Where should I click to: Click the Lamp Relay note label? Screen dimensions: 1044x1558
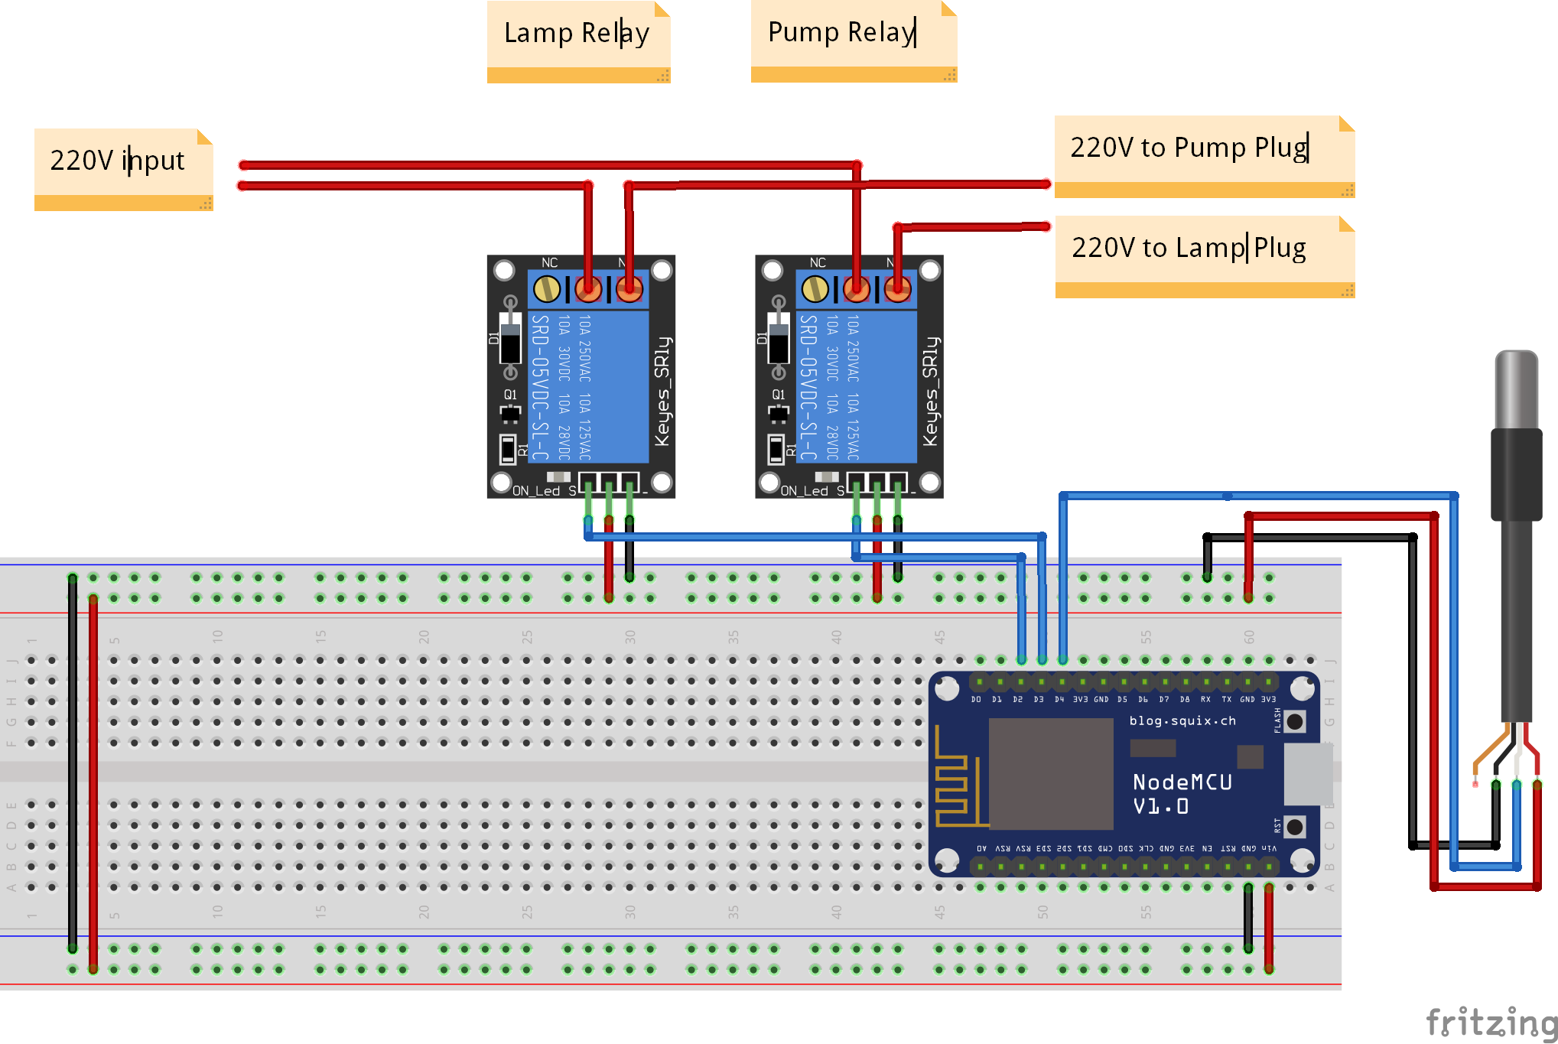577,34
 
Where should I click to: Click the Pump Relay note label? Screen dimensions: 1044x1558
841,33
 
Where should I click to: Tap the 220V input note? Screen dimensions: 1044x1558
118,161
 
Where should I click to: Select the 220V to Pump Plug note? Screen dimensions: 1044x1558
1189,148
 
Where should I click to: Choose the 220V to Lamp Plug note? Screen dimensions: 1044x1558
1189,248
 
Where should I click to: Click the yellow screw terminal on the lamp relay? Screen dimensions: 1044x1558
547,289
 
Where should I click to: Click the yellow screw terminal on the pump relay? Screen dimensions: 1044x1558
815,289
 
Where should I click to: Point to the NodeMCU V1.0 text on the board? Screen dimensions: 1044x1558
1182,793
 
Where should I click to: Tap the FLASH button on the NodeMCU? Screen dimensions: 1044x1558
1295,721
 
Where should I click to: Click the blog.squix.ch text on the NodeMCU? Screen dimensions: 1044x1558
1182,720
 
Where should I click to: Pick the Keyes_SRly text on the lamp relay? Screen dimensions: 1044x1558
662,391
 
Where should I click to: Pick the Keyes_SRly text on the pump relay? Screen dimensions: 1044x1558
930,391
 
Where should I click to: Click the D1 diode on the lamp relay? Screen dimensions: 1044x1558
510,337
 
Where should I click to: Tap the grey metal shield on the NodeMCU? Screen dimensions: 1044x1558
1051,773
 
